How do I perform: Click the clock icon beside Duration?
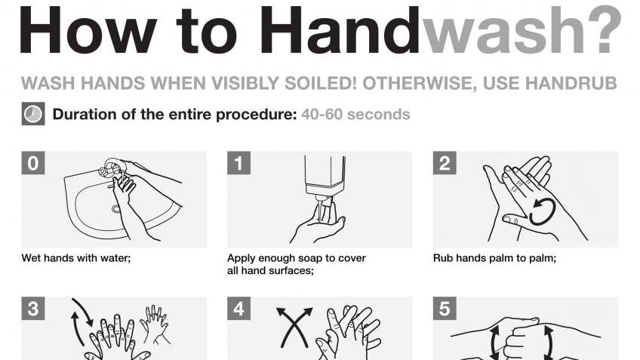33,113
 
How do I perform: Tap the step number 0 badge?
33,163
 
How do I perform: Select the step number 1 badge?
238,163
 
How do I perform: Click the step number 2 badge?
445,163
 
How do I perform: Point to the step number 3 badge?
33,309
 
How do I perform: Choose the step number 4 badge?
238,309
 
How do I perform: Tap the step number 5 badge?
445,309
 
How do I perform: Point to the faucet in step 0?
109,168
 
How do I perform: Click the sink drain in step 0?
116,209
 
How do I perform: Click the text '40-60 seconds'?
355,114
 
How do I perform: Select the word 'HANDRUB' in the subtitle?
571,83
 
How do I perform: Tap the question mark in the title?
608,31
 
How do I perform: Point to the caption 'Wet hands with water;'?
76,258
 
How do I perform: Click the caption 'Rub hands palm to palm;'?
494,258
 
